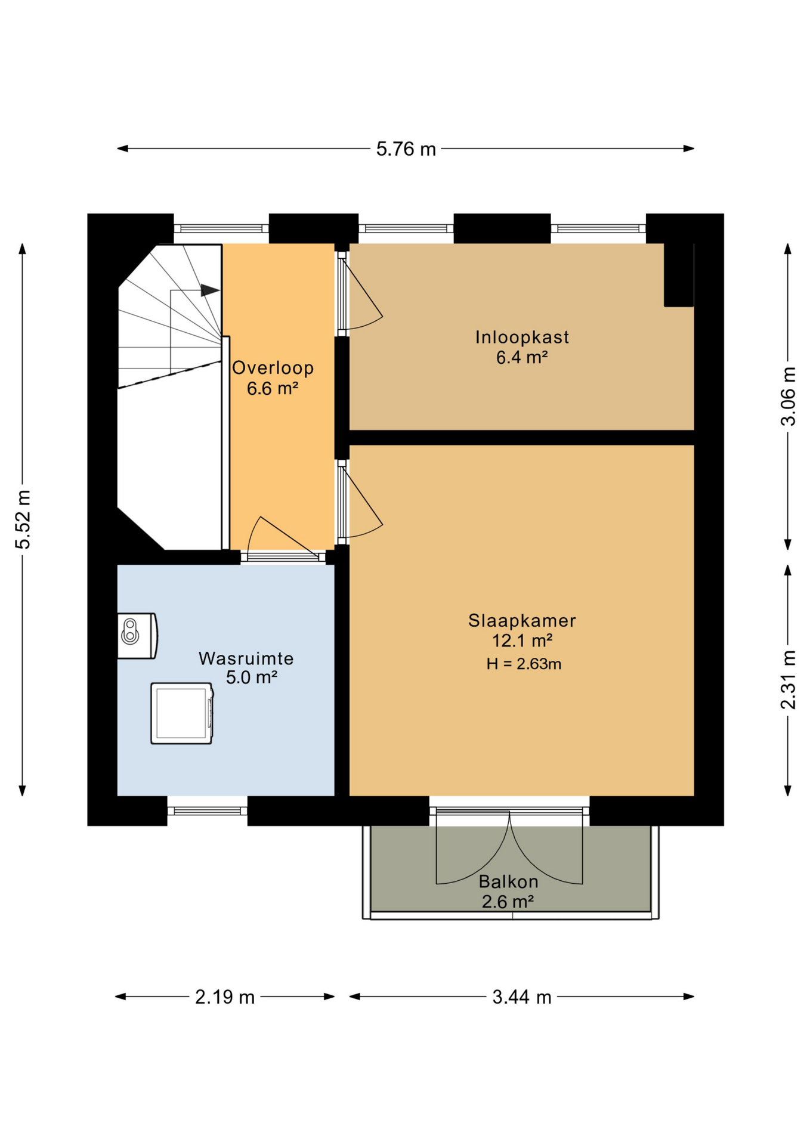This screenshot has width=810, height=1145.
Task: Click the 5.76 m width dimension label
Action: click(x=406, y=149)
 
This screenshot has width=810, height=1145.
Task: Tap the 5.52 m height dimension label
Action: click(x=23, y=519)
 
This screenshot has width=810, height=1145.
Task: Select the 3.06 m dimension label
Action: click(x=788, y=396)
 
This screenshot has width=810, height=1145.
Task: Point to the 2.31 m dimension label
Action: click(x=788, y=680)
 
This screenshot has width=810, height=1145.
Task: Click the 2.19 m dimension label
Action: click(x=225, y=997)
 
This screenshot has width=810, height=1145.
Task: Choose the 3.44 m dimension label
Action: click(x=522, y=997)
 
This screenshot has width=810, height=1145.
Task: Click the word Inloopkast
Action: click(x=522, y=338)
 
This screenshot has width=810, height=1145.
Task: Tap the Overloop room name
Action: click(x=273, y=368)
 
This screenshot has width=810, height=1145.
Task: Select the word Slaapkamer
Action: click(x=522, y=621)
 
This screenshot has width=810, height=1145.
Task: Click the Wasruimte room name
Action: click(x=246, y=658)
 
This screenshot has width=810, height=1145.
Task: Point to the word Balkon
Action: click(x=508, y=881)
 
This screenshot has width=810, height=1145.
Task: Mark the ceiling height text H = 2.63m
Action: click(x=524, y=664)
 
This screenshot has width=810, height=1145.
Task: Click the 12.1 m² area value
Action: click(x=522, y=641)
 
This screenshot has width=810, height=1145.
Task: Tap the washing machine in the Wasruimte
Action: click(x=182, y=713)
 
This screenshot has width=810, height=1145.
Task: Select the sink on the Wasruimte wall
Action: click(x=137, y=636)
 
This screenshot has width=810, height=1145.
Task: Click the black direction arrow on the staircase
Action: click(x=210, y=290)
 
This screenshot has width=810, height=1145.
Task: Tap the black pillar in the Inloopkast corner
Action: click(x=679, y=275)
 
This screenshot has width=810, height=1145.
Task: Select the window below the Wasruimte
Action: click(x=207, y=811)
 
